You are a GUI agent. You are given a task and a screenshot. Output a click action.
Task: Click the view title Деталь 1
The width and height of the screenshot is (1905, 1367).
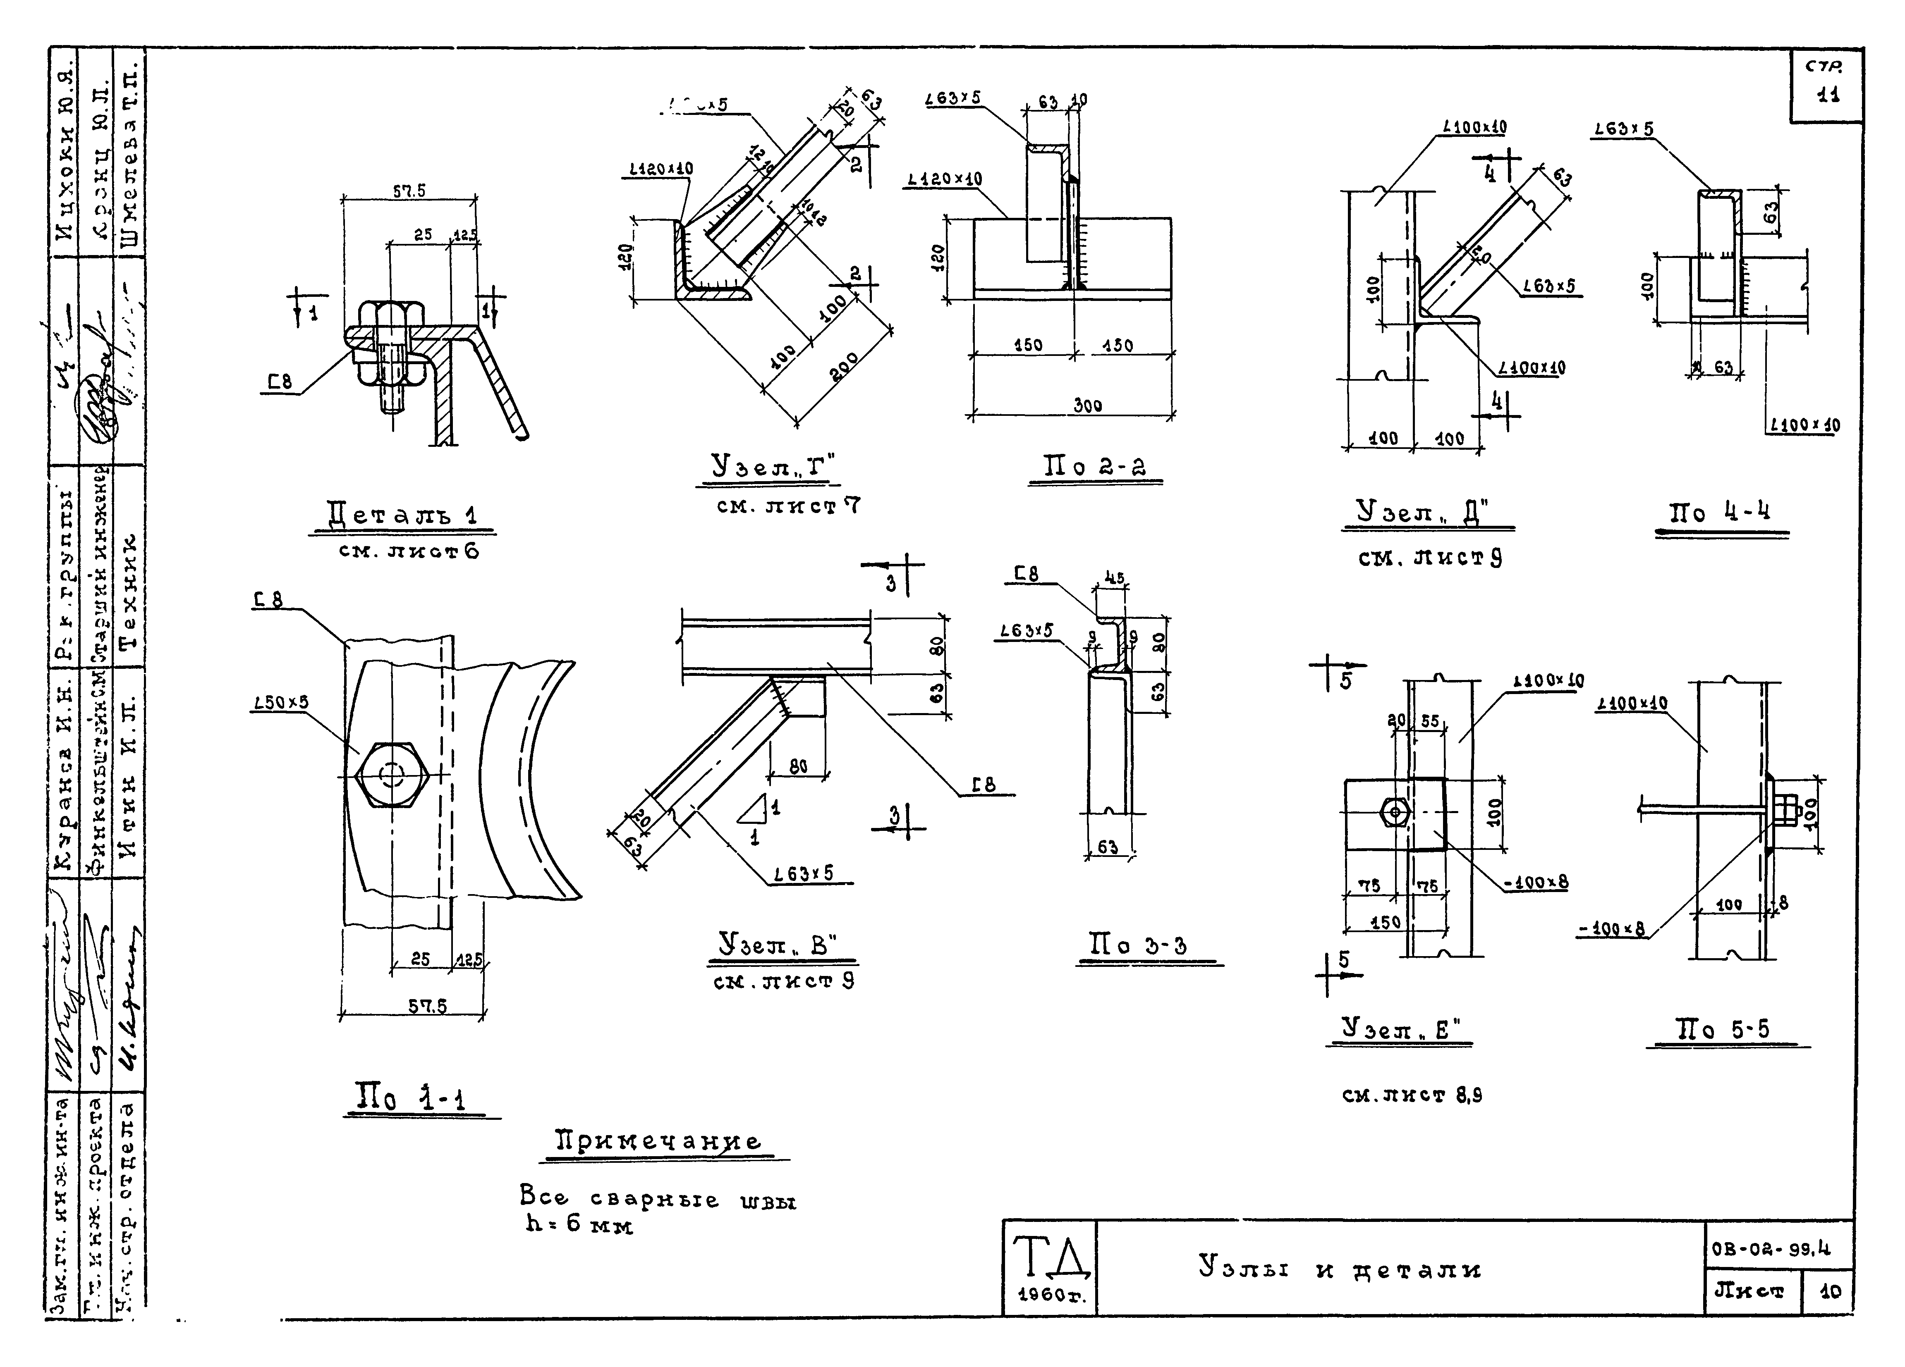tap(402, 514)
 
